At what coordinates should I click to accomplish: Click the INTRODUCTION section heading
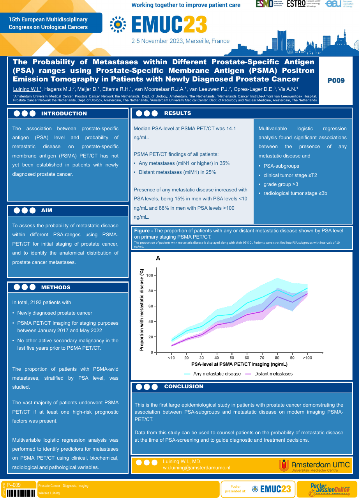click(64, 113)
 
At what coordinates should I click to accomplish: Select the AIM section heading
click(47, 211)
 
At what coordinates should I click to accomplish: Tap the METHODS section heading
click(56, 287)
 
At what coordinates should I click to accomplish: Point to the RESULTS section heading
click(178, 113)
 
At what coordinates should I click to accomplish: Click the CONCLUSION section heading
click(184, 387)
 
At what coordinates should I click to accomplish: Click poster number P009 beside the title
click(336, 81)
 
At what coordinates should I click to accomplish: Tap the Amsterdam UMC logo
click(314, 465)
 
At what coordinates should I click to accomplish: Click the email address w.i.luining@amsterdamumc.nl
click(196, 468)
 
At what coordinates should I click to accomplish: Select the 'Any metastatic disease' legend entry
click(212, 374)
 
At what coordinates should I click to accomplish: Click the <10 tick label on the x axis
click(171, 358)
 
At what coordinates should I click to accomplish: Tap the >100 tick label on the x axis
click(307, 358)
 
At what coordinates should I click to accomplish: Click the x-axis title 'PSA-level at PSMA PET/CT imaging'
click(239, 365)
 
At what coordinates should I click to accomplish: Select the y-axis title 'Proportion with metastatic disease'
click(142, 310)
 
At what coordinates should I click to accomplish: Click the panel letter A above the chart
click(158, 258)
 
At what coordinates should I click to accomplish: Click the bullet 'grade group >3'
click(281, 184)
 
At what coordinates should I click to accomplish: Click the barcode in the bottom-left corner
click(21, 493)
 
